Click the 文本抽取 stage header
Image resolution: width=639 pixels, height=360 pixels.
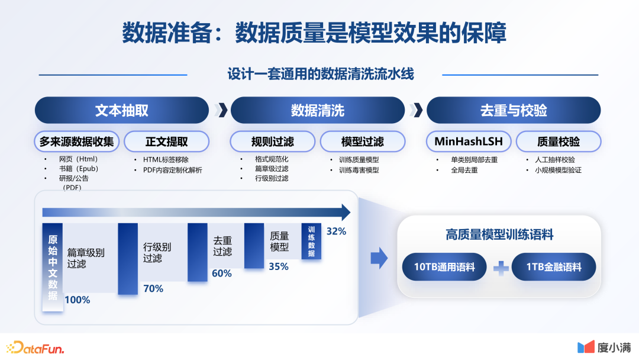click(122, 110)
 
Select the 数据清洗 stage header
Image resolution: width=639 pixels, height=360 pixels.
click(318, 110)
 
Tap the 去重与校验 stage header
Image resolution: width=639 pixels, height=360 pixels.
click(514, 110)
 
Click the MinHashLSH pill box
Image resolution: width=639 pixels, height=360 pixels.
click(469, 142)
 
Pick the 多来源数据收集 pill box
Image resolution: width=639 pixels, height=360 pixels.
click(76, 142)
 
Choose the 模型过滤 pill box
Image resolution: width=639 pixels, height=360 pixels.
click(363, 142)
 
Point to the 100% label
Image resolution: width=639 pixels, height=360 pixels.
click(78, 300)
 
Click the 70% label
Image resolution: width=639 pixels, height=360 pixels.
click(153, 289)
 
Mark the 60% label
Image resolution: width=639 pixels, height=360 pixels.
click(222, 273)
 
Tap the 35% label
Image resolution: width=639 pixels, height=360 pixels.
click(279, 266)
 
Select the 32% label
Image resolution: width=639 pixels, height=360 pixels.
click(336, 231)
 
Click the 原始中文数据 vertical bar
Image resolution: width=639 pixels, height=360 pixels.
click(53, 267)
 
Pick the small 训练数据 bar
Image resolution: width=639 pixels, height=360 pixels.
click(311, 241)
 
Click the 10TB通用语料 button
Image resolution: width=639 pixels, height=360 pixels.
click(444, 266)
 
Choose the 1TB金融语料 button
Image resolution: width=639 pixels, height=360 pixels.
click(553, 266)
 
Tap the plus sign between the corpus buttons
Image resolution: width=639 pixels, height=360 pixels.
click(501, 268)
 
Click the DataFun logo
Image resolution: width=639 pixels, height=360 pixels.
click(35, 348)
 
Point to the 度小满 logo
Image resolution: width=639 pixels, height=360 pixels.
click(604, 348)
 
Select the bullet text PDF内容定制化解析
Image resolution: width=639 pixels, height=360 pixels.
click(172, 170)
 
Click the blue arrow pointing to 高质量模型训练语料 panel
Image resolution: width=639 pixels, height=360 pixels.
click(379, 258)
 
